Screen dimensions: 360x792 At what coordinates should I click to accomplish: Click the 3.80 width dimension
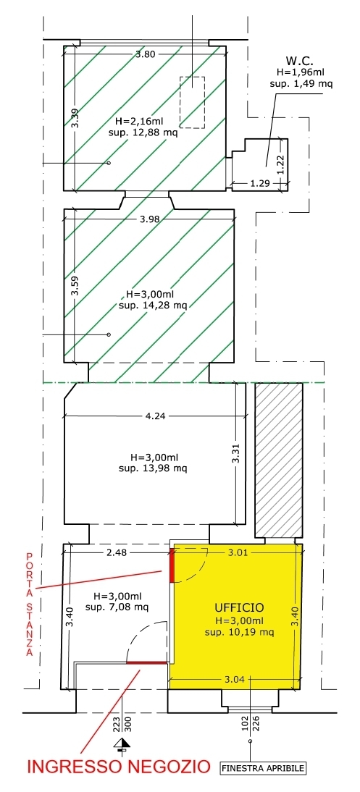coord(145,54)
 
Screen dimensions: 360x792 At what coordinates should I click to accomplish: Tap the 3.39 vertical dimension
coord(75,118)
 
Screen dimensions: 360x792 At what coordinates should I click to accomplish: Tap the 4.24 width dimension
coord(154,416)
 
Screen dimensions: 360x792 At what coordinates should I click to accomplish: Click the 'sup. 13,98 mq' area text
coord(153,468)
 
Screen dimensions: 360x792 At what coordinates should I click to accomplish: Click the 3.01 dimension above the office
coord(238,552)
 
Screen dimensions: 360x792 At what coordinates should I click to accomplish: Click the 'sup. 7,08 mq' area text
coord(117,607)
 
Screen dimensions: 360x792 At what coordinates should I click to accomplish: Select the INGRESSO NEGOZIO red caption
coord(118,767)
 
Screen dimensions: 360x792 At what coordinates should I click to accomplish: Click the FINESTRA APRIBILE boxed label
coord(264,768)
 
